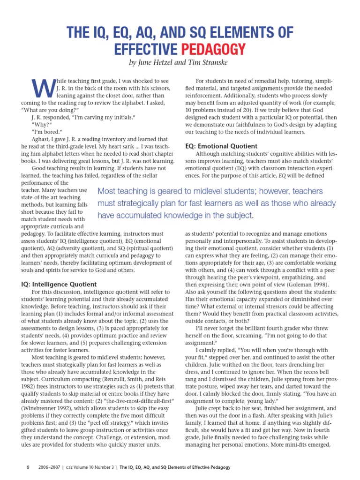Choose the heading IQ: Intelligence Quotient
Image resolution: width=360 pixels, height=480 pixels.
[59, 284]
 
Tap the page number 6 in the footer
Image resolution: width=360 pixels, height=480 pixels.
[28, 467]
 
